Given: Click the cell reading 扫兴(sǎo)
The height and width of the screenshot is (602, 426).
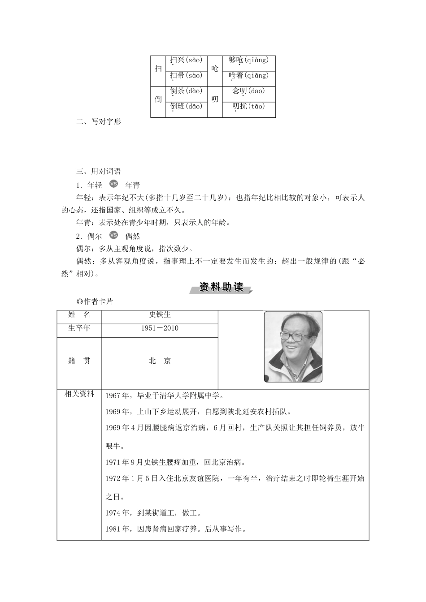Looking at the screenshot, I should [186, 60].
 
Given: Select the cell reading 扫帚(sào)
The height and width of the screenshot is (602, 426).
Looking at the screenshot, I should [186, 76].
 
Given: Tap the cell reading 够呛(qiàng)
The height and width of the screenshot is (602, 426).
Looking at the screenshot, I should [248, 60].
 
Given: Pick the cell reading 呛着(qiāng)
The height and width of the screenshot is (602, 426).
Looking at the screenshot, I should [248, 76].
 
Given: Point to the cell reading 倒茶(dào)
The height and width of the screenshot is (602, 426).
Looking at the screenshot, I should [186, 91].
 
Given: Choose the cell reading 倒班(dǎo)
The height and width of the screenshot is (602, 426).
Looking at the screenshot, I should [186, 107].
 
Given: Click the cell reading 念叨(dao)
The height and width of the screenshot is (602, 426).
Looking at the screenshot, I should [248, 91].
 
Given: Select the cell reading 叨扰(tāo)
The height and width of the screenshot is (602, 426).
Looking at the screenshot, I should [248, 107].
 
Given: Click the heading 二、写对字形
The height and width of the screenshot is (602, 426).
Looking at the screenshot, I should [99, 122].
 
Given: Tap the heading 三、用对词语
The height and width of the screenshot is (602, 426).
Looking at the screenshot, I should [99, 172].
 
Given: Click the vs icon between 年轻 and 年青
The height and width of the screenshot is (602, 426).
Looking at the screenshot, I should [113, 184].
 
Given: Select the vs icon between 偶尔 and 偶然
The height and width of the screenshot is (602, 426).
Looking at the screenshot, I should [113, 235].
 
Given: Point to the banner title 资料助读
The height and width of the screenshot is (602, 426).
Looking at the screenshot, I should [221, 288].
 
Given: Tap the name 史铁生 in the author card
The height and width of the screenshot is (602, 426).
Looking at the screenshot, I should [160, 315].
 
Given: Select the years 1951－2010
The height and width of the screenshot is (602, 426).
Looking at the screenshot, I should [160, 328].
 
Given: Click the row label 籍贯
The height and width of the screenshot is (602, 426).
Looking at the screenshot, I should [79, 361].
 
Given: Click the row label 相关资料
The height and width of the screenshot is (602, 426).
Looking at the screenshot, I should [79, 394].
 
